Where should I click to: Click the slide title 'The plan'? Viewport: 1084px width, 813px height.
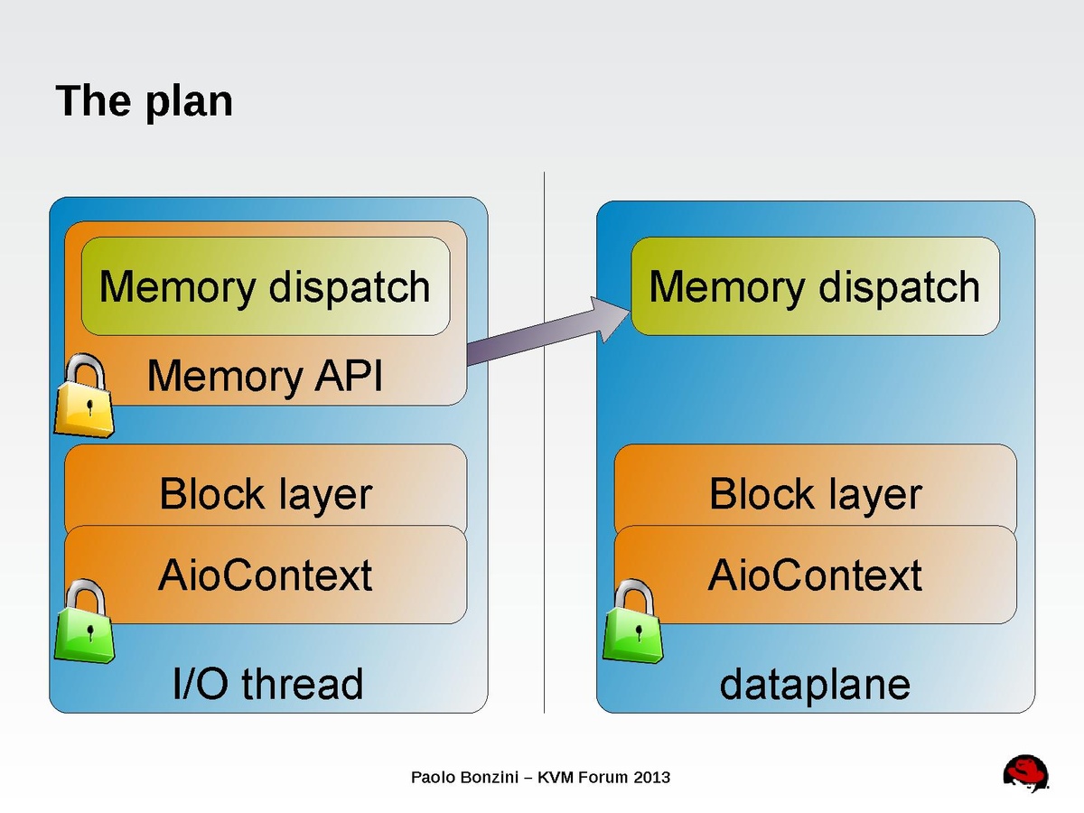pyautogui.click(x=145, y=100)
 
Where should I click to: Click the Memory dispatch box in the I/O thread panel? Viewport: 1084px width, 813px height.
pyautogui.click(x=265, y=286)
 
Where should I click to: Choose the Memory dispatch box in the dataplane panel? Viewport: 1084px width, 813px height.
pyautogui.click(x=814, y=286)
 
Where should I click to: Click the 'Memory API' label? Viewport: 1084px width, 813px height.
pyautogui.click(x=265, y=376)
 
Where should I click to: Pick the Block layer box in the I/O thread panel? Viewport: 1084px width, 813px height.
pyautogui.click(x=265, y=493)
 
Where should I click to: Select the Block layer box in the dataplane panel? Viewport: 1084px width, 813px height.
pyautogui.click(x=815, y=493)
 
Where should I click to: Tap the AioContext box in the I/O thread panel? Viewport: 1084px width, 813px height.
pyautogui.click(x=265, y=575)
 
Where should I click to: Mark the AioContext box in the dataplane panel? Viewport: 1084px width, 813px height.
pyautogui.click(x=815, y=575)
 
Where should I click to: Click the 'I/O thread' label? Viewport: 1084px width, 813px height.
pyautogui.click(x=267, y=684)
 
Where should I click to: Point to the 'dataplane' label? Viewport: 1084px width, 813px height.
pyautogui.click(x=814, y=684)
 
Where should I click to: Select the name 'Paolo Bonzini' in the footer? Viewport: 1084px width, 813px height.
pyautogui.click(x=463, y=777)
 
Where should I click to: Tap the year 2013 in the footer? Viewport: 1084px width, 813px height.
pyautogui.click(x=652, y=777)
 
